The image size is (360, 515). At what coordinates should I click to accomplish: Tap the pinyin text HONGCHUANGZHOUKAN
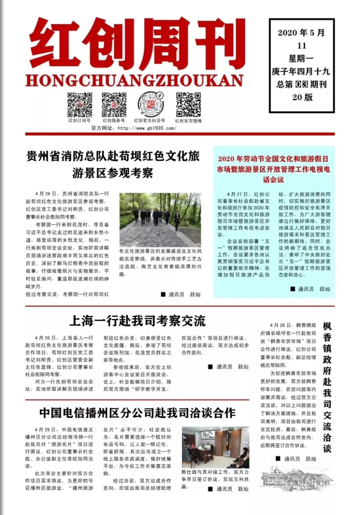point(134,81)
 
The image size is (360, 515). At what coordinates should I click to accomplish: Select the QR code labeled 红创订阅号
point(80,105)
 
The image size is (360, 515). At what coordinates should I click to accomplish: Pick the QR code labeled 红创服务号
point(114,105)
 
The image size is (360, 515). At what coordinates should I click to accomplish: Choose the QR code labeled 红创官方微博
point(188,105)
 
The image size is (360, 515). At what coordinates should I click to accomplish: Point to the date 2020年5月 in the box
point(301,33)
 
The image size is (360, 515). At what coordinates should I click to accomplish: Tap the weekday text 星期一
point(301,59)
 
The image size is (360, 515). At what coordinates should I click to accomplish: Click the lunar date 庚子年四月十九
point(301,72)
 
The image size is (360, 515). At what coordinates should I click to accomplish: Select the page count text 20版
point(302,97)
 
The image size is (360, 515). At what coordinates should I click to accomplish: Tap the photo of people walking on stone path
point(160,220)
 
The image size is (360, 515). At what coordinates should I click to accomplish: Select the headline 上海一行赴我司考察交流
point(137,321)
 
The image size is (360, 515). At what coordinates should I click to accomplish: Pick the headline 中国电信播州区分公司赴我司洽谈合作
point(137,413)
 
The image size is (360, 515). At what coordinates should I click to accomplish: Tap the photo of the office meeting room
point(215,448)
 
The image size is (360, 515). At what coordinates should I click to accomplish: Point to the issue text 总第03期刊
point(301,84)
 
